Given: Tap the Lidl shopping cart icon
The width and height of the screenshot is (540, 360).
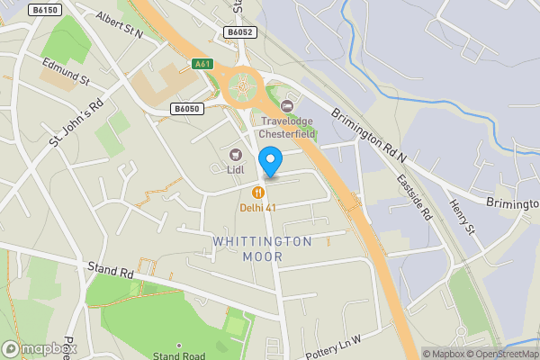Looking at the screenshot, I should (236, 154).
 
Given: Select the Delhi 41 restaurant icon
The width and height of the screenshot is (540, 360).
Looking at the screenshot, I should (258, 192).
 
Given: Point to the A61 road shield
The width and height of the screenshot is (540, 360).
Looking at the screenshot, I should (202, 64).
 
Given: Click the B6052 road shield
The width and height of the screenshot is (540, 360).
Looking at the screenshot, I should (240, 32).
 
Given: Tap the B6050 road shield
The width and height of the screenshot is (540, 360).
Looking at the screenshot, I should (187, 108).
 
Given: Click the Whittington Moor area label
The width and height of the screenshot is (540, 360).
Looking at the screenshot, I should (263, 248).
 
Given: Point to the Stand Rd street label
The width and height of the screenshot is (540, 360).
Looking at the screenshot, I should (112, 268).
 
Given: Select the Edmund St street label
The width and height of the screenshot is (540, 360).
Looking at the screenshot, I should (67, 71).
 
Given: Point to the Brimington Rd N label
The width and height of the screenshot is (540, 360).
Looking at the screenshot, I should (368, 136).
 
